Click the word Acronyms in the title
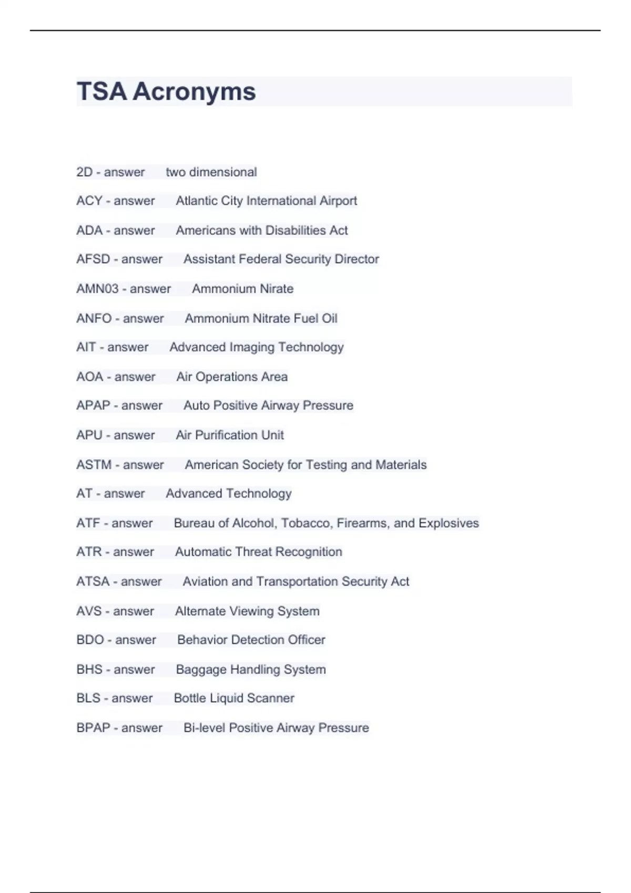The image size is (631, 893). (194, 91)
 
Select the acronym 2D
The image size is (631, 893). (84, 172)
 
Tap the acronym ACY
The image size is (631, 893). (89, 201)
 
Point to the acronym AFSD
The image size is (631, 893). (93, 259)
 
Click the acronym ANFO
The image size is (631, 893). (94, 318)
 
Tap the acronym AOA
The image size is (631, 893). (89, 377)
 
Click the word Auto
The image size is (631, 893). (196, 406)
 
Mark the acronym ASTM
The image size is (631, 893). (94, 464)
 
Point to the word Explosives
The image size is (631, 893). (449, 523)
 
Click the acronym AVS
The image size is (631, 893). (88, 611)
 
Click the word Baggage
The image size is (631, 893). (200, 670)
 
